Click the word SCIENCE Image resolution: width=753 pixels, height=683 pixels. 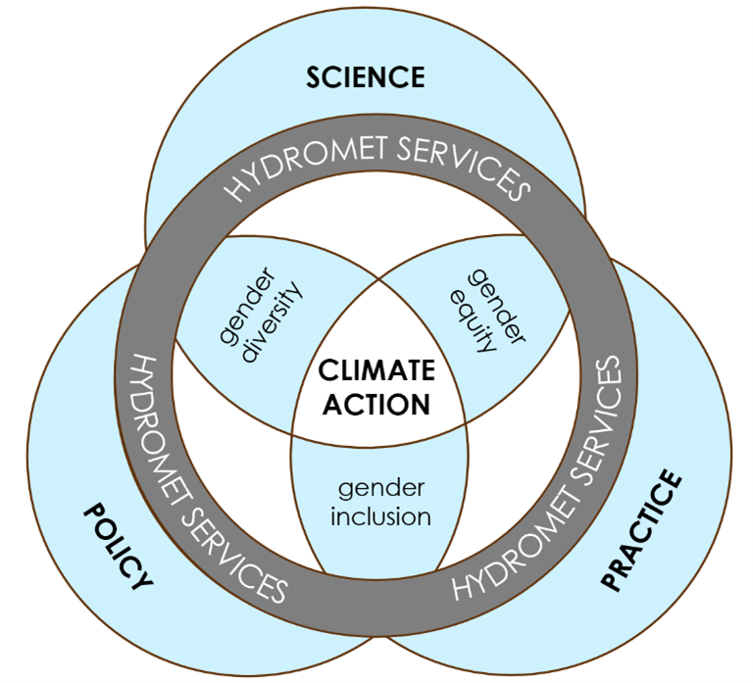366,77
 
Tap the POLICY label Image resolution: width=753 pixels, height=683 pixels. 122,545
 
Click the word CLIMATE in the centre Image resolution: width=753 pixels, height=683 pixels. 377,370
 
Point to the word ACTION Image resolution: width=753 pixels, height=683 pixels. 377,404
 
